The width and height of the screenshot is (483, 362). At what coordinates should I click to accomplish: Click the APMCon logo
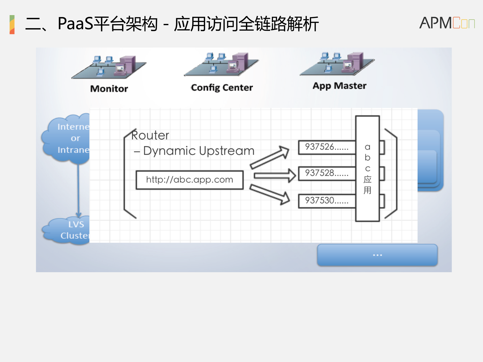coord(447,23)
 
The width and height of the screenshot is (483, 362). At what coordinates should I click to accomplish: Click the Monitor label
coord(109,89)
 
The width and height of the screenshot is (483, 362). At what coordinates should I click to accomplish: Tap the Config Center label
coord(222,88)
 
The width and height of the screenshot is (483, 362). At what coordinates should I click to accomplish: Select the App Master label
coord(339,86)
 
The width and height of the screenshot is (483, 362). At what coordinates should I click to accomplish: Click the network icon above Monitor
coord(109,67)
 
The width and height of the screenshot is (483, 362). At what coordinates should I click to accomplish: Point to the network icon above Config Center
coord(221,64)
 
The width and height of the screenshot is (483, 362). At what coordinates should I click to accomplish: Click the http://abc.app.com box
coord(190,180)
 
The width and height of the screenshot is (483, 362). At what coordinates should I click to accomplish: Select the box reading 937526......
coord(326,147)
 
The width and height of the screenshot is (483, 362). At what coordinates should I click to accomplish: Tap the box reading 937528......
coord(326,173)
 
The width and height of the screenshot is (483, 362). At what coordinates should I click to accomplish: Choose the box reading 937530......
coord(326,201)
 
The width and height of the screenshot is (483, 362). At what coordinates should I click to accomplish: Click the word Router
coord(150,136)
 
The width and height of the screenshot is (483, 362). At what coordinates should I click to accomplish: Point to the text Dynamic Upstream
coord(199,151)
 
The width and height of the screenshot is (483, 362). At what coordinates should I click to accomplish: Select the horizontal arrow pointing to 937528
coord(274,175)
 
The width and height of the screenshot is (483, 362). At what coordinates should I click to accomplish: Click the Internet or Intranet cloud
coord(67,138)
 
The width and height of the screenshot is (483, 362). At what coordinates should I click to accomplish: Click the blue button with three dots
coord(377,255)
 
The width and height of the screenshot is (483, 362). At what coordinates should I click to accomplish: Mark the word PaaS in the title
coord(75,24)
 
